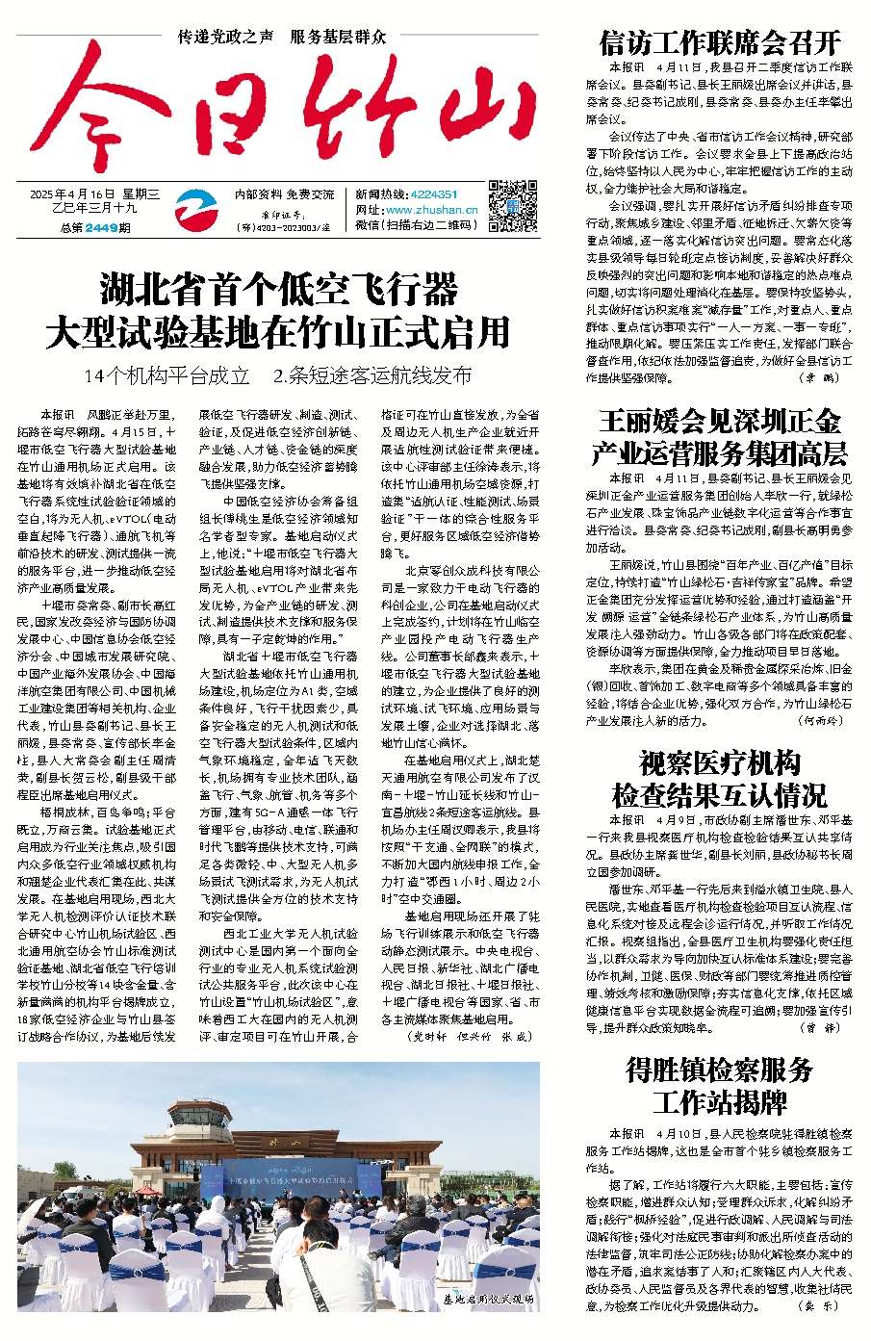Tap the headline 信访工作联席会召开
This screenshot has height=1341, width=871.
tap(719, 42)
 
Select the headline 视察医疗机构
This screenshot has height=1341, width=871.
tap(719, 763)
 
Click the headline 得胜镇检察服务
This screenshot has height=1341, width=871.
tap(719, 1070)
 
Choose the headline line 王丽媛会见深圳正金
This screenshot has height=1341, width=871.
tap(719, 421)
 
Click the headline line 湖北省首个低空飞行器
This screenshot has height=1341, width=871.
tap(278, 288)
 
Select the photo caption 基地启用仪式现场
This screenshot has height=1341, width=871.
tap(487, 1299)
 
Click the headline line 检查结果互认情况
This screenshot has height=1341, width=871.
tap(719, 795)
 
